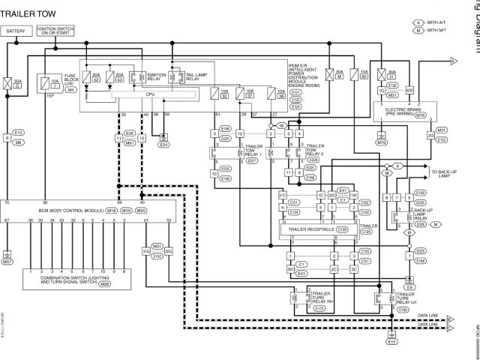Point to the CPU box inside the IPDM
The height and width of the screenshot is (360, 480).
(150, 94)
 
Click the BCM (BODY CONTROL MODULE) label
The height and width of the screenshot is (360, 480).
(73, 211)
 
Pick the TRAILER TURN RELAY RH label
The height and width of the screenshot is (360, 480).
(322, 299)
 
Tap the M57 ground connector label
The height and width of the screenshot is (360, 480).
(7, 262)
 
